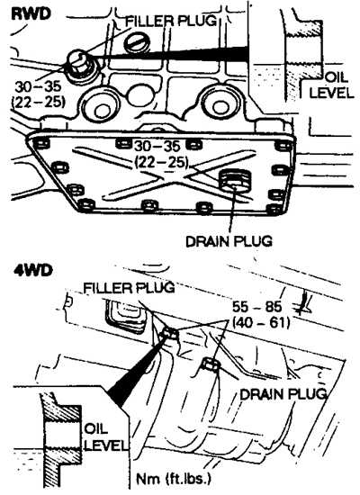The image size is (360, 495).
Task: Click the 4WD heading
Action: coord(33,271)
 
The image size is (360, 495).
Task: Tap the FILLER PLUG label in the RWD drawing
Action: coord(172,22)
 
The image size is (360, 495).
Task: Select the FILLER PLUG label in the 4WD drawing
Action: coord(129,288)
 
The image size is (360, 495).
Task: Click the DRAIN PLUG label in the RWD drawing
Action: coord(229,241)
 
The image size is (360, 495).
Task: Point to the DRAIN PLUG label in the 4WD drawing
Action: coord(283,394)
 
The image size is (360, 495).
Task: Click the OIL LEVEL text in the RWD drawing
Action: coord(331,85)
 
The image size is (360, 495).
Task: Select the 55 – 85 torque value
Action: coord(257,307)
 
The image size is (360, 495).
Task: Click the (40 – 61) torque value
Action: coord(261,322)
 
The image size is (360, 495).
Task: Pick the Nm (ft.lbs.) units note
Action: coord(174,479)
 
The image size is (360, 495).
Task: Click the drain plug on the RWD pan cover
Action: coord(234,181)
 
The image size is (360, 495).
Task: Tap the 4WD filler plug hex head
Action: coord(169,333)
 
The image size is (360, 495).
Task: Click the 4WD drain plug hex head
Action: coord(210,364)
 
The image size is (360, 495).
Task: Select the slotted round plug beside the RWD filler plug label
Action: coord(138,42)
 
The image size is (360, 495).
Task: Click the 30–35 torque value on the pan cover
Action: coord(157,147)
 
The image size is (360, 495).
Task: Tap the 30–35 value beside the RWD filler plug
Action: coord(38,86)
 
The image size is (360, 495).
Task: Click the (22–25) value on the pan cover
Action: coord(161,163)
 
